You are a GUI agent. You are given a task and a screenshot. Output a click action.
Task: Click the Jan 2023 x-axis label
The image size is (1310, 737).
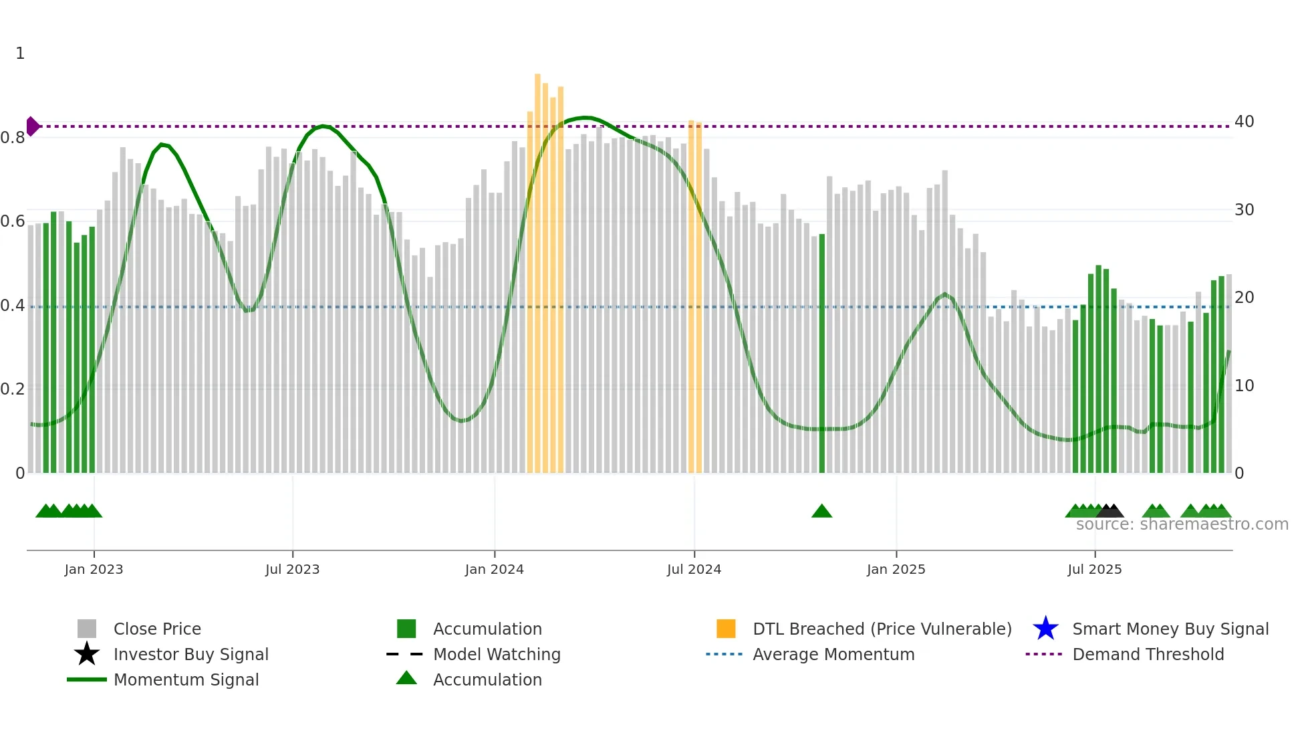[94, 569]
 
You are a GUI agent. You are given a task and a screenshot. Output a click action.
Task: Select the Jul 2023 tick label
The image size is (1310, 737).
[292, 569]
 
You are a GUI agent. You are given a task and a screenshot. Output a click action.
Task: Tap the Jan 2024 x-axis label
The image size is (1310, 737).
[494, 569]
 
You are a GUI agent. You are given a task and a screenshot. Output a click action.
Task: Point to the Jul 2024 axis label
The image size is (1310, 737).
[694, 569]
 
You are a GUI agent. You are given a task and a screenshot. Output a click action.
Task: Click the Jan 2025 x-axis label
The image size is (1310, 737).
[896, 569]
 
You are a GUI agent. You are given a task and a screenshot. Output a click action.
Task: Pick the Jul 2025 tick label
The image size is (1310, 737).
[1094, 569]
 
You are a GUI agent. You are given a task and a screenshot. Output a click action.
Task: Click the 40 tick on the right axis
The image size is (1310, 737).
[1244, 122]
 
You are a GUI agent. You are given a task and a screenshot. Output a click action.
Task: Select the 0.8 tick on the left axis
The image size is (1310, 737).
[13, 138]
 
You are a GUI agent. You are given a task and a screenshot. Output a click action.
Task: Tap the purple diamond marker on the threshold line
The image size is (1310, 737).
[32, 126]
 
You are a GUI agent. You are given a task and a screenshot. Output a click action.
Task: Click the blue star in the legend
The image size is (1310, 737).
[1045, 629]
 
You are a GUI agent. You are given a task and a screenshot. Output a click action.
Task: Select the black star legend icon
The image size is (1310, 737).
[87, 654]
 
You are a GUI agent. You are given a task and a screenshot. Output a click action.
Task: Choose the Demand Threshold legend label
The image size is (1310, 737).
[1148, 654]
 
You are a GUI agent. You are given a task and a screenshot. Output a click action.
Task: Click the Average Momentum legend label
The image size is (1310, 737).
[833, 654]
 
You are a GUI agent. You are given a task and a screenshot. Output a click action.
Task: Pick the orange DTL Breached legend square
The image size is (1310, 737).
[726, 629]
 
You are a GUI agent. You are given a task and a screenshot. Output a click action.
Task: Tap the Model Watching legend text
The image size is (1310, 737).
[497, 654]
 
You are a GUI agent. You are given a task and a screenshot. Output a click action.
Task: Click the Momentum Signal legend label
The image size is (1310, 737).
[186, 679]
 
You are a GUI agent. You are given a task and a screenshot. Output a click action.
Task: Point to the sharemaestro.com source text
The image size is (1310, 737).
[1182, 524]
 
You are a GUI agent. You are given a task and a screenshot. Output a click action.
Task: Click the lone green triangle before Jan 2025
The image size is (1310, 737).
[821, 512]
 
